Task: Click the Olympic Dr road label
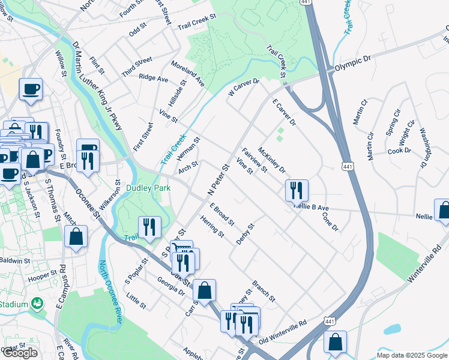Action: tap(355, 63)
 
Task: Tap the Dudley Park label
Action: tap(148, 188)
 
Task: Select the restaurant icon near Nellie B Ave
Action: tap(297, 191)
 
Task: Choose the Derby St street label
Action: tap(246, 234)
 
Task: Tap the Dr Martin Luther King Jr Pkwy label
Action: tap(97, 86)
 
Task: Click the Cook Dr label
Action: tap(399, 151)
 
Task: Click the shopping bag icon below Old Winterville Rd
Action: tap(336, 343)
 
